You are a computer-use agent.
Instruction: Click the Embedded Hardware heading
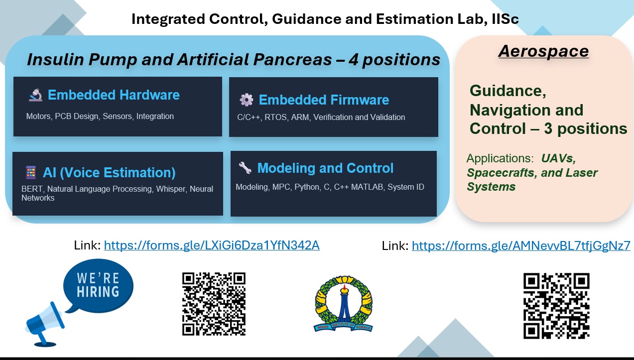[x=114, y=95]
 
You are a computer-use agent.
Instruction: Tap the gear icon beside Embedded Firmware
[x=246, y=100]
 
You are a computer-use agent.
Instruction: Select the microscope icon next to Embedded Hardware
[x=35, y=95]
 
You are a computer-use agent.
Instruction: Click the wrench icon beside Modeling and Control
[x=245, y=168]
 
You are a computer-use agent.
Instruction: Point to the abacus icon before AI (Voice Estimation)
[x=31, y=173]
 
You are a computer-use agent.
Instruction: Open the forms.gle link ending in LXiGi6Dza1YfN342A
[x=212, y=245]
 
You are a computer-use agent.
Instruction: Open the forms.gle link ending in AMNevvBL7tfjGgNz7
[x=521, y=245]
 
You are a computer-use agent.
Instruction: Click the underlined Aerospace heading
[x=543, y=51]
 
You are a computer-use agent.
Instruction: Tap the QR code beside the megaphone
[x=214, y=303]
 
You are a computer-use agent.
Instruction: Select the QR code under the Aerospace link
[x=556, y=305]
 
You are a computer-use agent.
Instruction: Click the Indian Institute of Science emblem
[x=343, y=304]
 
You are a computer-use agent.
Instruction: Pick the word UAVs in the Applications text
[x=558, y=159]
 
